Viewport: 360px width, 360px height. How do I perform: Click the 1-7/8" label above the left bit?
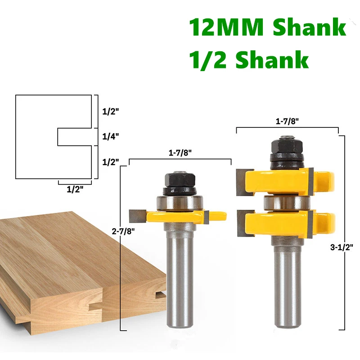180,154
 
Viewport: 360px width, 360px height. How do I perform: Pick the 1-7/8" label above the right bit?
287,122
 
